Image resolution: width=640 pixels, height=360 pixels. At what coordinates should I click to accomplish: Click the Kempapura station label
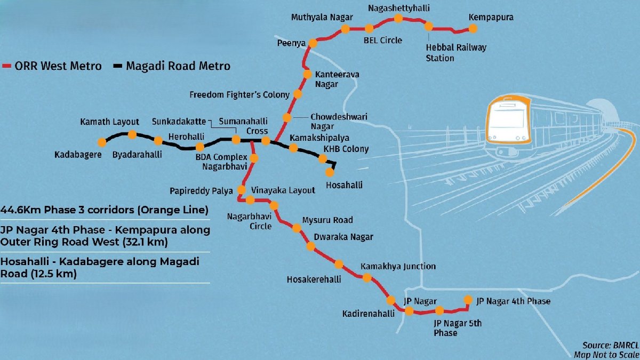(491, 18)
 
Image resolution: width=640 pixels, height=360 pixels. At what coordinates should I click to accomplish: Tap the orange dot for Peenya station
(314, 43)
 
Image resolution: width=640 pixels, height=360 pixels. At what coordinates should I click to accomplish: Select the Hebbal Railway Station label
(455, 52)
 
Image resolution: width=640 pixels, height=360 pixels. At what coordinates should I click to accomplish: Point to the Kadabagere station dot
(101, 142)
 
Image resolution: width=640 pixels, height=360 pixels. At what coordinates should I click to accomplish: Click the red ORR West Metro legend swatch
(7, 67)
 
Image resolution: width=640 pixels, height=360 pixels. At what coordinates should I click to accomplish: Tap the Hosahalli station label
(344, 185)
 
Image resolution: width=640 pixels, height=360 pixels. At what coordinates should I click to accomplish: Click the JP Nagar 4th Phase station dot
(468, 299)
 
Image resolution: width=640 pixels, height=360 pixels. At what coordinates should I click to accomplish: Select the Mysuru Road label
(327, 220)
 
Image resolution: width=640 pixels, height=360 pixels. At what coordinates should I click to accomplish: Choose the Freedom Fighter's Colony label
(239, 95)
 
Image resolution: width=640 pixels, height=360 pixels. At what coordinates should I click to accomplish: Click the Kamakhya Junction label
(398, 266)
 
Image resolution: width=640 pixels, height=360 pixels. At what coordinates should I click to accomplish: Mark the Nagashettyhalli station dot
(398, 19)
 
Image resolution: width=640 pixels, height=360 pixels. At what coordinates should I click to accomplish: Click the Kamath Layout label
(109, 122)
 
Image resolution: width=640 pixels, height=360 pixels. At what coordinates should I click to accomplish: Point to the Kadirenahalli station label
(368, 314)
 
